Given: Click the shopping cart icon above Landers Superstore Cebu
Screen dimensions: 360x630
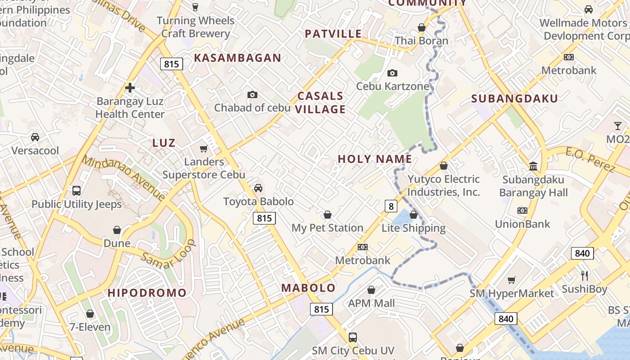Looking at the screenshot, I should click(x=203, y=148).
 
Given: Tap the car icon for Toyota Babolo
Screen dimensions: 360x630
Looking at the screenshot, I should click(x=258, y=188).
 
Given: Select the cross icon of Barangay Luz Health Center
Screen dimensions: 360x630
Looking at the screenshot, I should click(x=130, y=88).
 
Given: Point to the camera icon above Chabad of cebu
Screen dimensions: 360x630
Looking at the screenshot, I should click(x=252, y=94).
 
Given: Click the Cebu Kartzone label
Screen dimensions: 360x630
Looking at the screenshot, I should click(x=392, y=86).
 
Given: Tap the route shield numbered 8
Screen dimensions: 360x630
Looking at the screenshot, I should click(x=391, y=207).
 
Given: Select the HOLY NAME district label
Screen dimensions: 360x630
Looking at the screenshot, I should click(x=375, y=159).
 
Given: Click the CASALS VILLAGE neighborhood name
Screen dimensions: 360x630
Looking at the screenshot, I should click(x=321, y=103).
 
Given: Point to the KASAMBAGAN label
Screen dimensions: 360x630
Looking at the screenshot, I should click(x=237, y=58).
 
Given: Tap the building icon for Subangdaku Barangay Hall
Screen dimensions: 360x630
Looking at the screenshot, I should click(x=533, y=166).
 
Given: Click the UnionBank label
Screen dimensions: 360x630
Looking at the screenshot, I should click(x=522, y=224).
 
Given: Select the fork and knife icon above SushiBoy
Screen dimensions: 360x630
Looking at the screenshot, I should click(x=585, y=275).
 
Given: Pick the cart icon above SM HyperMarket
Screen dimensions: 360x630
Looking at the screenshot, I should click(x=512, y=280).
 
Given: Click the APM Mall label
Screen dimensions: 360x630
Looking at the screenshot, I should click(x=371, y=303).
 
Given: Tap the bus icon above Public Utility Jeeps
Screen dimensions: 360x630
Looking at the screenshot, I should click(x=76, y=191).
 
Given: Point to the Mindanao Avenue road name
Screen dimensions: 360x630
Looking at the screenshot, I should click(x=123, y=177).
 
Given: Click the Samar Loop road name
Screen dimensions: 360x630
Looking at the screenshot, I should click(x=168, y=254).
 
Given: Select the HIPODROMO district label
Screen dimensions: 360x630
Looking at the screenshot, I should click(x=147, y=293).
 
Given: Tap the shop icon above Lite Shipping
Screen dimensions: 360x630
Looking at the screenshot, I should click(x=414, y=215).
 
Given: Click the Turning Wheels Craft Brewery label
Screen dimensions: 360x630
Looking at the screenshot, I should click(x=196, y=27).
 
